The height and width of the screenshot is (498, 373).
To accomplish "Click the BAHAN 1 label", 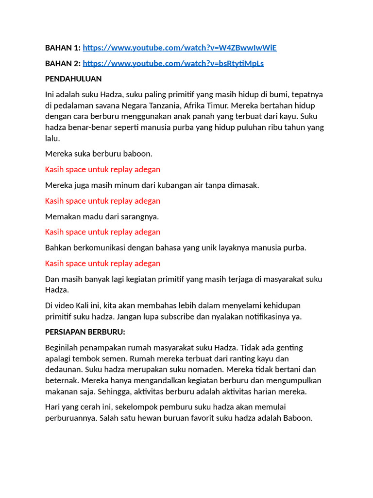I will (x=63, y=48).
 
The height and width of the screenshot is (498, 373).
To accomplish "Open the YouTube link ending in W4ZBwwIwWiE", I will (x=180, y=48).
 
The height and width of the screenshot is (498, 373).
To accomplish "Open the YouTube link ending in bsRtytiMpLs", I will (x=173, y=63).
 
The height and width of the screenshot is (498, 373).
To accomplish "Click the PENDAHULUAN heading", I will (x=73, y=79).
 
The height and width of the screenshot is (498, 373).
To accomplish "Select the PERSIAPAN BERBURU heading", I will (x=85, y=332).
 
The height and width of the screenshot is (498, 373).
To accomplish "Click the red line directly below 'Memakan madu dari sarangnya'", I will (x=102, y=232).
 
